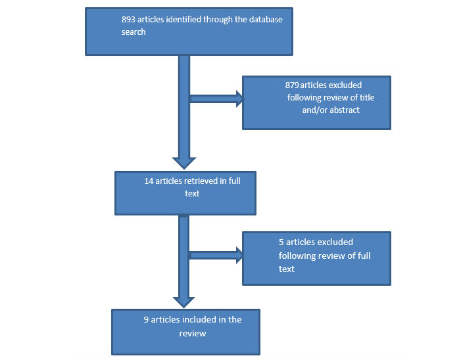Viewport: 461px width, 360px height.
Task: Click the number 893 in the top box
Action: tap(129, 20)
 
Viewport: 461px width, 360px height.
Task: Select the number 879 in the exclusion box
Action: tap(293, 85)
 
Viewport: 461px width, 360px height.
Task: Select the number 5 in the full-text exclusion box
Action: tap(281, 242)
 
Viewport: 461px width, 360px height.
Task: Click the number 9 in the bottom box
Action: tap(146, 320)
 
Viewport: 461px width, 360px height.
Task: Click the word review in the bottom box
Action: tap(193, 333)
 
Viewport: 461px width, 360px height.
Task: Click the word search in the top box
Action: tap(133, 32)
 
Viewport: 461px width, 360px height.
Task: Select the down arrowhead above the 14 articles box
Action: tap(184, 163)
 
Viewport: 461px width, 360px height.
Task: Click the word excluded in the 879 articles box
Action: tap(344, 85)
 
